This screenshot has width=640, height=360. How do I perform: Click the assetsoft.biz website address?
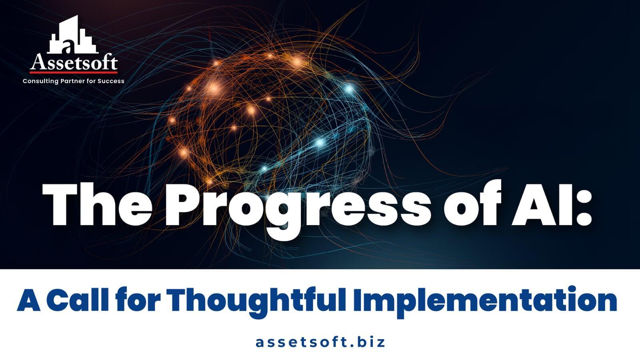tap(320, 342)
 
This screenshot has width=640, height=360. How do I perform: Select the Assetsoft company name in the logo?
tap(74, 63)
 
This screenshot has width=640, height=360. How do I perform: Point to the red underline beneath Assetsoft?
tap(74, 72)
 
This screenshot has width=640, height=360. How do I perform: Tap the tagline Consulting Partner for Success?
tap(74, 81)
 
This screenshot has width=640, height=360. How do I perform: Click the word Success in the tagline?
tap(111, 81)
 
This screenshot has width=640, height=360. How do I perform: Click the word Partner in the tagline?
tap(72, 81)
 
